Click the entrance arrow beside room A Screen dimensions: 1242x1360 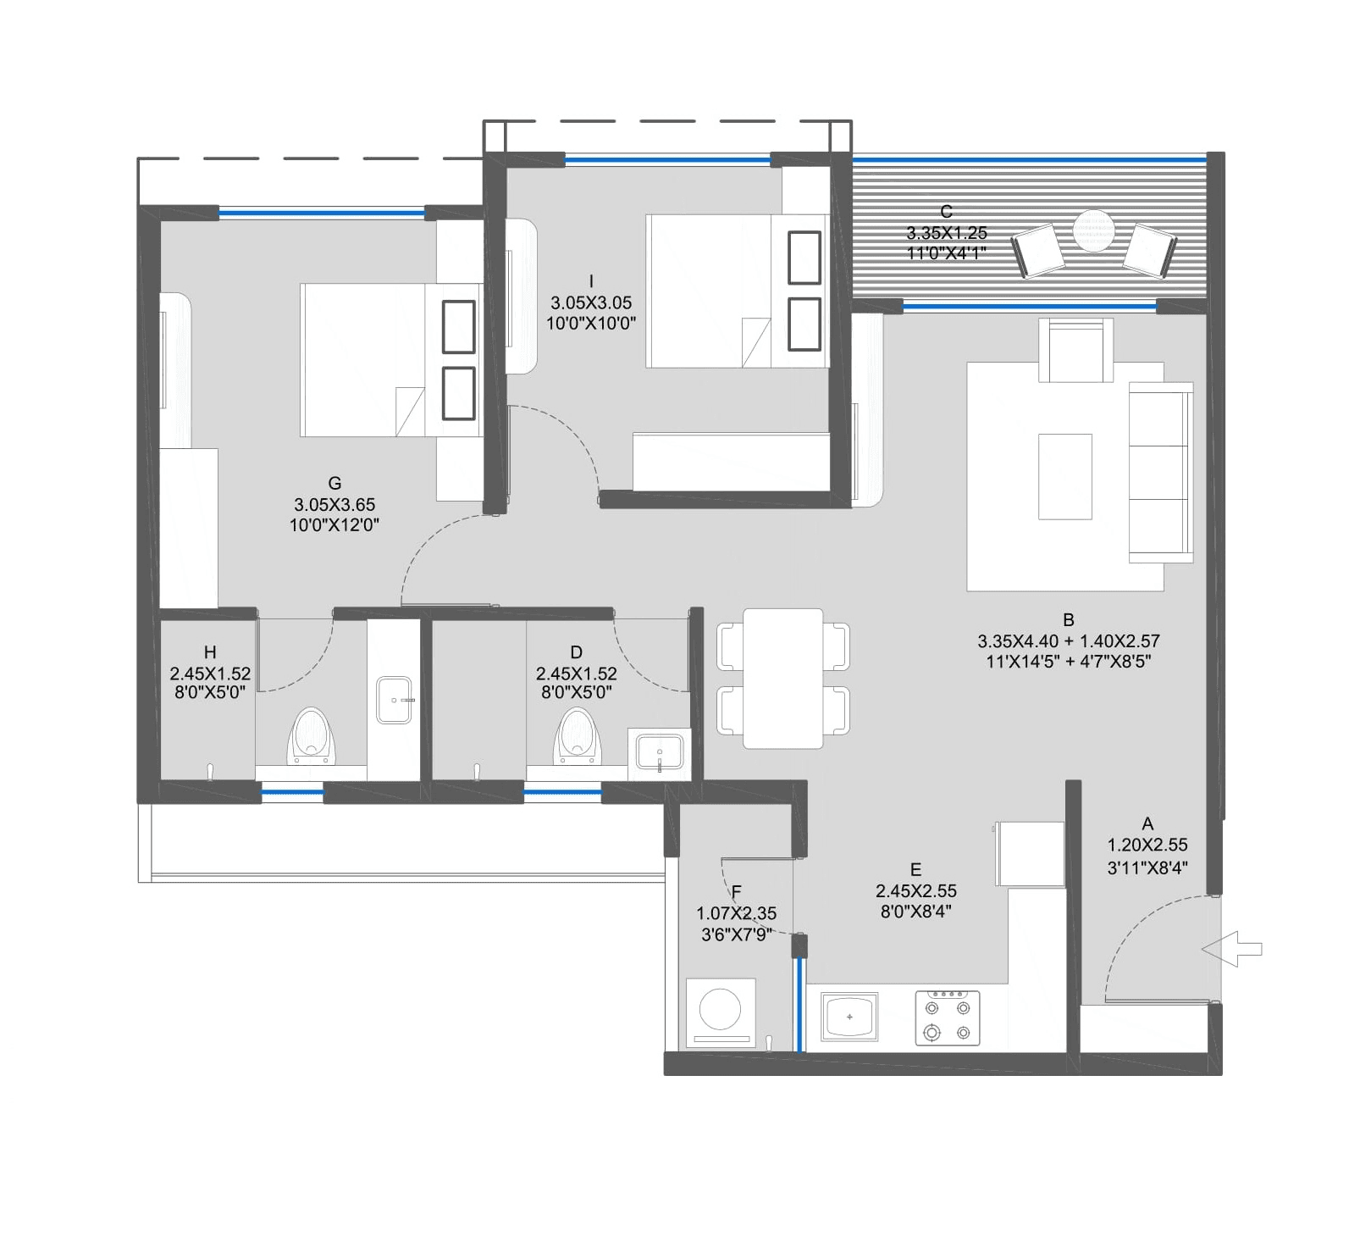1232,949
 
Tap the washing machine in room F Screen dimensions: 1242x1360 720,1012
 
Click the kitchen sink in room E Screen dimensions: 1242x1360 849,1017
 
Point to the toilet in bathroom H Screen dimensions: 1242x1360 310,734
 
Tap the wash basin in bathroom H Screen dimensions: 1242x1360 394,700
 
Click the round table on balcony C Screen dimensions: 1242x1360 1093,229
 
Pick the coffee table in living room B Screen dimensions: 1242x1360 1064,476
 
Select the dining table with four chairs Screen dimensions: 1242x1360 783,678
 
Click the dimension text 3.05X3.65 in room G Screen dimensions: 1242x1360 334,504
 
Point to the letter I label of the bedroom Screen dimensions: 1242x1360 591,281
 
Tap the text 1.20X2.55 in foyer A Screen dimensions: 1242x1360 1147,845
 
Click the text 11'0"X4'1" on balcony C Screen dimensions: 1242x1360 947,252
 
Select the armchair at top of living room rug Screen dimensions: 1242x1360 1075,351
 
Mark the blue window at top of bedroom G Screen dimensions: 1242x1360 322,213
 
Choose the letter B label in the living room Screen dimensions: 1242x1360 1069,620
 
